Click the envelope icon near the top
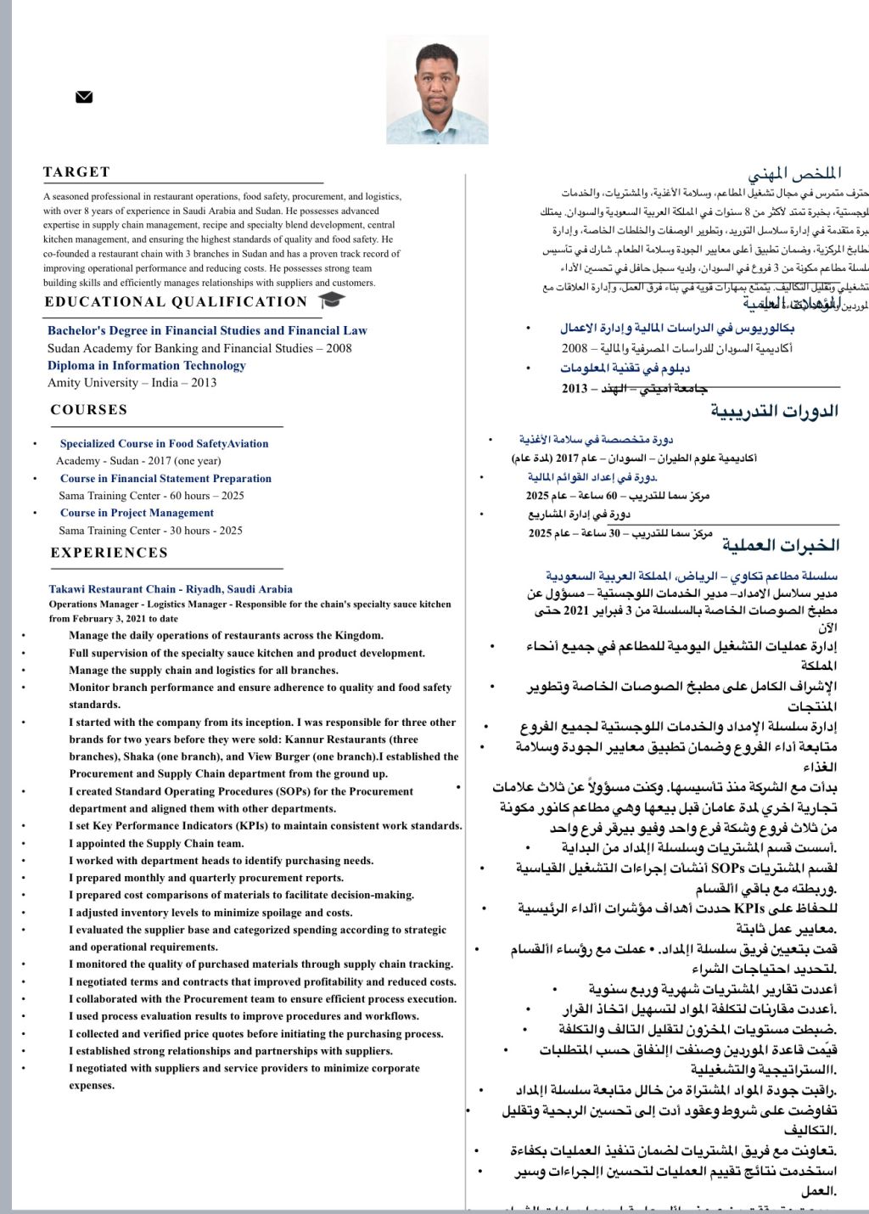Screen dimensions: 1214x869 pyautogui.click(x=84, y=97)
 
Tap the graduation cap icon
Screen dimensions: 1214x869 pyautogui.click(x=332, y=300)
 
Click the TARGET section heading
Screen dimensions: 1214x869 pyautogui.click(x=77, y=172)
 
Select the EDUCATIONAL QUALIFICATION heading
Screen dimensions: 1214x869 pyautogui.click(x=176, y=302)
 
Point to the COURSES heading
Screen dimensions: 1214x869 pyautogui.click(x=89, y=410)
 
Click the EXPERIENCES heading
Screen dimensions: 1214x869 pyautogui.click(x=109, y=553)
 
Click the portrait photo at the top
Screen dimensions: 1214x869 pyautogui.click(x=437, y=90)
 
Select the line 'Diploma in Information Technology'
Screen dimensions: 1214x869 pyautogui.click(x=147, y=366)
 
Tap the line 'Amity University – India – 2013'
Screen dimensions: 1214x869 pyautogui.click(x=132, y=383)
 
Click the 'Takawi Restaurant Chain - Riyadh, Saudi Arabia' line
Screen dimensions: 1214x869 pyautogui.click(x=171, y=589)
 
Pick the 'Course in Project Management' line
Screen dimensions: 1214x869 pyautogui.click(x=137, y=513)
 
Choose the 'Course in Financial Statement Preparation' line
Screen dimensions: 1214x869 pyautogui.click(x=165, y=479)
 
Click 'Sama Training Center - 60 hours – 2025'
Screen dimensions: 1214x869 pyautogui.click(x=151, y=496)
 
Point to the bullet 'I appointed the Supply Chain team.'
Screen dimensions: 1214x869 pyautogui.click(x=156, y=844)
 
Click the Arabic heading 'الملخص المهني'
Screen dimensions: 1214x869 pyautogui.click(x=794, y=174)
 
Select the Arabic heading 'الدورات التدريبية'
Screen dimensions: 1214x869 pyautogui.click(x=774, y=412)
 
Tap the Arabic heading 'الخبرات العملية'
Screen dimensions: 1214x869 pyautogui.click(x=780, y=545)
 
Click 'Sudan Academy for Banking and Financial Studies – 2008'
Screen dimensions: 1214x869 pyautogui.click(x=199, y=348)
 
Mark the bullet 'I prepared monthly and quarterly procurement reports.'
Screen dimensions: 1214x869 pyautogui.click(x=206, y=878)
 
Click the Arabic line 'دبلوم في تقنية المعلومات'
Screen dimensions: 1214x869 pyautogui.click(x=625, y=368)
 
